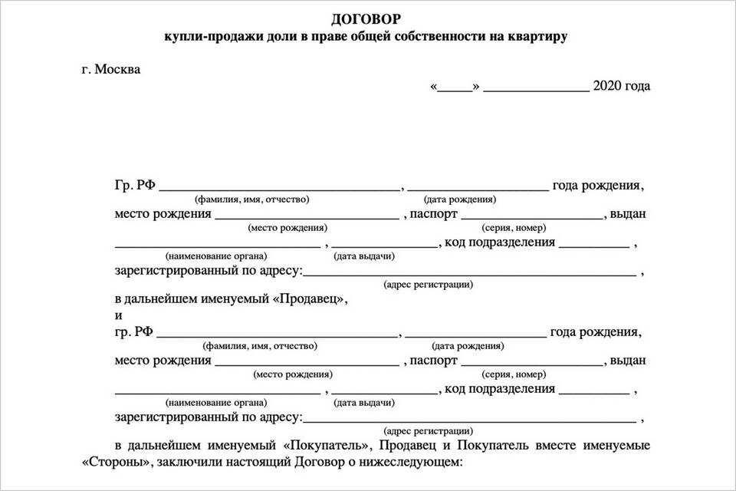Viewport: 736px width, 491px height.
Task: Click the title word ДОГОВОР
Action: [366, 18]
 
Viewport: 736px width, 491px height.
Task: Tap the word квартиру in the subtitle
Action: [539, 36]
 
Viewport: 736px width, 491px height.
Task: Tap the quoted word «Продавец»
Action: [314, 300]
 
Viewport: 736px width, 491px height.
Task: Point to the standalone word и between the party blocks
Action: [119, 316]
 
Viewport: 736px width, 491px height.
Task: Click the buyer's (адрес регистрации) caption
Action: [428, 431]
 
